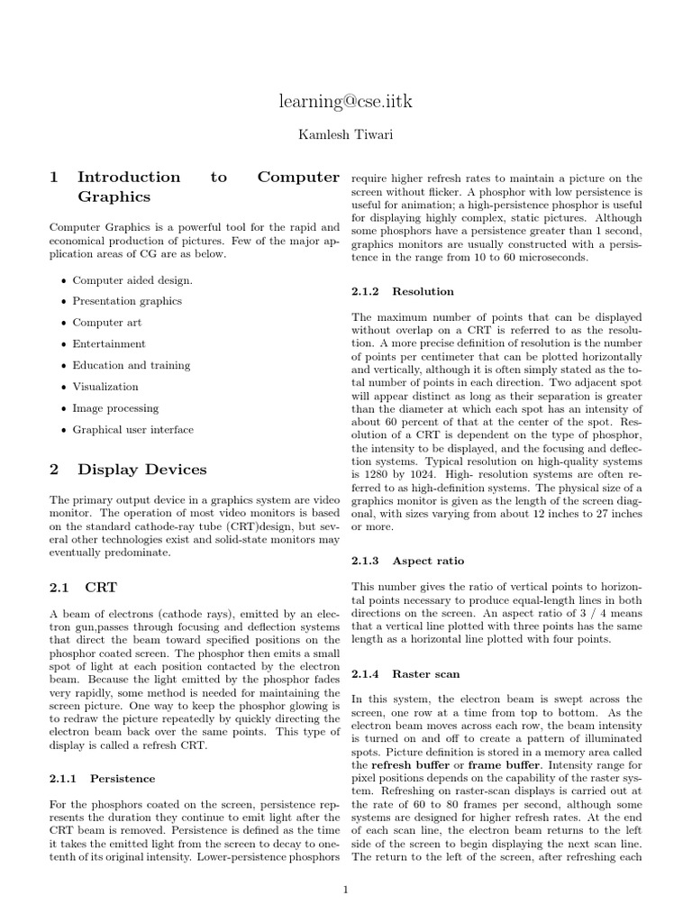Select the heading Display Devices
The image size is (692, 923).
point(141,470)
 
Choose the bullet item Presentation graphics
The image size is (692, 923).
point(127,301)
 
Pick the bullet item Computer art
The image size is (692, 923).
point(107,323)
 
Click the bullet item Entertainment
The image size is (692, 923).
point(109,344)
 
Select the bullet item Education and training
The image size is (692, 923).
point(132,366)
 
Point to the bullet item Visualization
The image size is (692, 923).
point(105,387)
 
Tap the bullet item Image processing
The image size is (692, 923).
point(115,408)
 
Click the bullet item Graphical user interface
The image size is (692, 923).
point(132,430)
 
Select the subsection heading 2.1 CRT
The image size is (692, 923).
point(83,588)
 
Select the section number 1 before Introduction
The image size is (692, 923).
point(54,178)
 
